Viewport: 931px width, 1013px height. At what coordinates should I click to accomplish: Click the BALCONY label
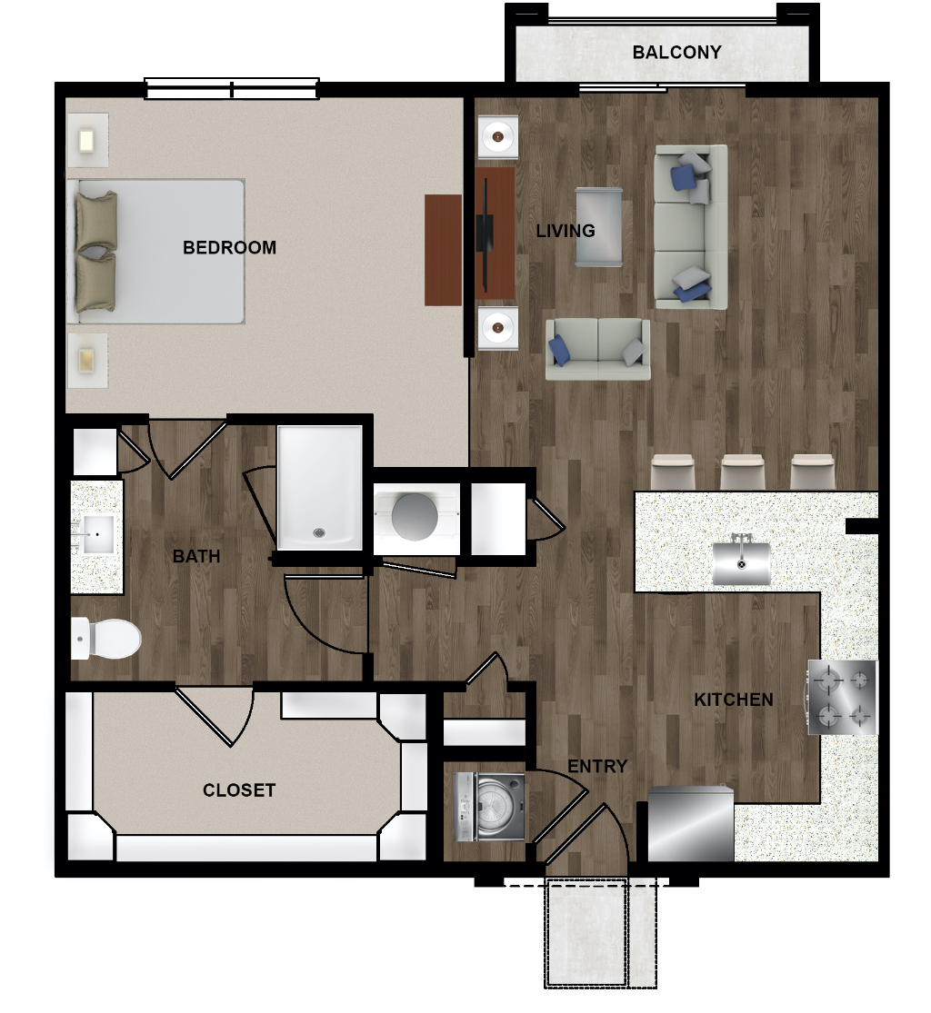[x=676, y=53]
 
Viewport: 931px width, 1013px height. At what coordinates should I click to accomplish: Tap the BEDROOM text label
[x=229, y=247]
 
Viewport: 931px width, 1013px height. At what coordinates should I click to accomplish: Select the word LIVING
[x=566, y=231]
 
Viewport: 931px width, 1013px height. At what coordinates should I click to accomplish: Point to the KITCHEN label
[x=733, y=700]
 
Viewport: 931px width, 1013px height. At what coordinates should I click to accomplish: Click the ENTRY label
[x=597, y=766]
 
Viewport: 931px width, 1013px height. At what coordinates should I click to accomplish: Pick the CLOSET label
[x=239, y=790]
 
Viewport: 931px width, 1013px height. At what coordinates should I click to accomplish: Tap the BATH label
[x=196, y=556]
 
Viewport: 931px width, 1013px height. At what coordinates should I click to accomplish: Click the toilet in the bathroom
[x=106, y=639]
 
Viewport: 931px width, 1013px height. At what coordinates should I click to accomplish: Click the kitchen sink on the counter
[x=742, y=562]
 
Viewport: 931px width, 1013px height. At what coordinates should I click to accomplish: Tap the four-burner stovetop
[x=842, y=697]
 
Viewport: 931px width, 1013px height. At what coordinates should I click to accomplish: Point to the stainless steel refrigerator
[x=690, y=824]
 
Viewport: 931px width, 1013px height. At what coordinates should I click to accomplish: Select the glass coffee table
[x=599, y=227]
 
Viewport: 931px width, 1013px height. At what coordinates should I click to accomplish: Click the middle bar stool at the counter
[x=743, y=472]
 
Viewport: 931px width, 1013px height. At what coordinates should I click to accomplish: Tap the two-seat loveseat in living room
[x=597, y=349]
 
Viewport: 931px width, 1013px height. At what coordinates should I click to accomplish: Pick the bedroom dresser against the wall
[x=443, y=250]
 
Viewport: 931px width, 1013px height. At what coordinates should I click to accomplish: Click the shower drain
[x=319, y=533]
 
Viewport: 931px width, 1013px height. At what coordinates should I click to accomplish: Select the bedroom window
[x=232, y=88]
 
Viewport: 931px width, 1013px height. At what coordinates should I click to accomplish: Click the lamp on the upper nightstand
[x=86, y=140]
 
